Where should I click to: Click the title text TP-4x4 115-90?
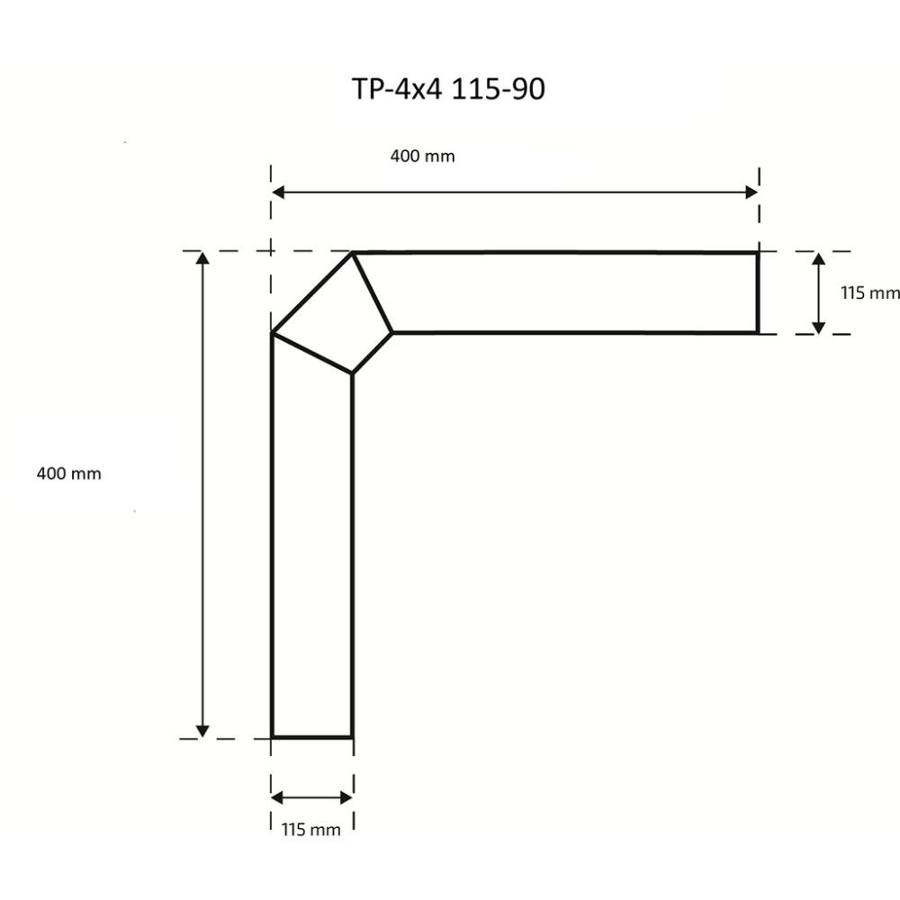click(448, 89)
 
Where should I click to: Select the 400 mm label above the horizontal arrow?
click(422, 157)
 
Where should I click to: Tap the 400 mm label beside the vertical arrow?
click(68, 473)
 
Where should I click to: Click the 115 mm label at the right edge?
click(869, 292)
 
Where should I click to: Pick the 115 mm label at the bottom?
click(311, 830)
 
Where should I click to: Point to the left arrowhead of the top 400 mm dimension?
click(279, 192)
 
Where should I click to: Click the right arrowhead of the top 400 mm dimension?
click(751, 192)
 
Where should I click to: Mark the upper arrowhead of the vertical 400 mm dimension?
click(202, 260)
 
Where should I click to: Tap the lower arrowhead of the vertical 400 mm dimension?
click(202, 729)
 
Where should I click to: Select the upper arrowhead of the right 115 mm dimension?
click(818, 260)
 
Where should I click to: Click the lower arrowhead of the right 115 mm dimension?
click(818, 325)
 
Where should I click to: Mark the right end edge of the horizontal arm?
click(758, 292)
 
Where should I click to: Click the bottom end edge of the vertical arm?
click(311, 736)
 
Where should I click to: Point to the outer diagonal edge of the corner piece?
click(311, 293)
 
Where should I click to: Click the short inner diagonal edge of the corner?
click(372, 353)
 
